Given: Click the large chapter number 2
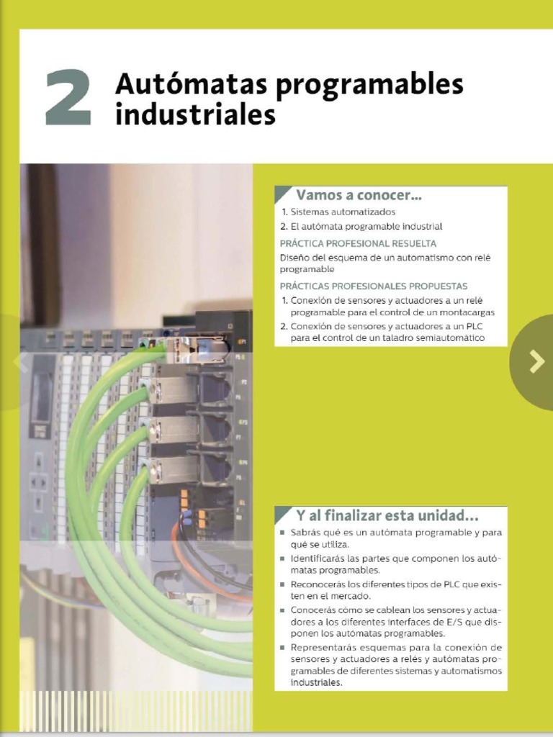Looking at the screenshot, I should [68, 99].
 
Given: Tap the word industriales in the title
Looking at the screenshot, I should [195, 114].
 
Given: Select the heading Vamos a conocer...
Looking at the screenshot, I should [359, 195].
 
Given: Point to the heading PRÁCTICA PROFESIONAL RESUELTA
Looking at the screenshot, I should [358, 243].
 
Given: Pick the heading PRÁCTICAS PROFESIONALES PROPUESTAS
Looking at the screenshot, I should [373, 286].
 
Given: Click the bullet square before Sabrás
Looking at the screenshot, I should [283, 533].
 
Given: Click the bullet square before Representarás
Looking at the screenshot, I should [283, 647].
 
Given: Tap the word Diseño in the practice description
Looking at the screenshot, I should [294, 257].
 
